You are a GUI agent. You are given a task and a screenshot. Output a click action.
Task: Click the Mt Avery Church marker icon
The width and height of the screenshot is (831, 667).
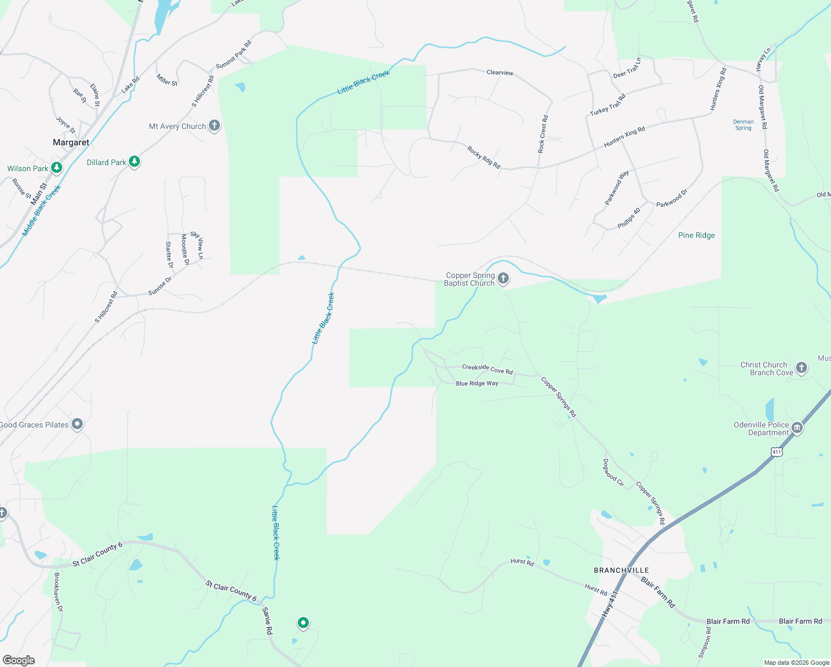point(214,126)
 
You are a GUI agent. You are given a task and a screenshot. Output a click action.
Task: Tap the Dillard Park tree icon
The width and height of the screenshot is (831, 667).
point(134,162)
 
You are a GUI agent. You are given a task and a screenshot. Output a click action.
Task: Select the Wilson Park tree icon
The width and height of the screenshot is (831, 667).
point(56,167)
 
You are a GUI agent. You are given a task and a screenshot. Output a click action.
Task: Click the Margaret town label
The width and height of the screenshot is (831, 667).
point(71,143)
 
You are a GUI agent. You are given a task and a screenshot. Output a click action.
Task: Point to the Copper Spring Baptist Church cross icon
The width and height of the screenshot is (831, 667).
point(503,278)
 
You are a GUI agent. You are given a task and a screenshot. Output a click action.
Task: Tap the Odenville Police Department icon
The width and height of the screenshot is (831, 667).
point(797,427)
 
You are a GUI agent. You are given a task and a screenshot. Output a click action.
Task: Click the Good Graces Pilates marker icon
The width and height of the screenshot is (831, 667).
point(77,425)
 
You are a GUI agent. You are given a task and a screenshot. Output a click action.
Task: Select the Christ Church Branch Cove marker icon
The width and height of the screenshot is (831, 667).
point(801,367)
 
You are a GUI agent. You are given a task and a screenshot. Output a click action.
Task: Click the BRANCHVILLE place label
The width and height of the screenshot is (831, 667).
point(621,570)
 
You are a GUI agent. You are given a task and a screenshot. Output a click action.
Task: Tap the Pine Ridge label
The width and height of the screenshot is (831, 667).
point(697,235)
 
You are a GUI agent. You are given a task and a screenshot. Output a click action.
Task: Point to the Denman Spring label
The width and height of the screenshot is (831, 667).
point(743,125)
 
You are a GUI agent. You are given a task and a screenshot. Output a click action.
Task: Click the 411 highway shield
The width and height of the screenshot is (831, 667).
point(777,452)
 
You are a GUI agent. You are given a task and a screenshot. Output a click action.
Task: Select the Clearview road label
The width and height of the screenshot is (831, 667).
point(500,73)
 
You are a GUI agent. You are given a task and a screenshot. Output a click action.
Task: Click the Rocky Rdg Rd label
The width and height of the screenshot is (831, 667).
point(484,157)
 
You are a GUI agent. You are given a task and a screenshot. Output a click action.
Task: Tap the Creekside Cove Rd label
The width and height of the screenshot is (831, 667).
point(487,369)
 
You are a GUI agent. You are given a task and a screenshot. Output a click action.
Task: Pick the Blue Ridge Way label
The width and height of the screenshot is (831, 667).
point(477,384)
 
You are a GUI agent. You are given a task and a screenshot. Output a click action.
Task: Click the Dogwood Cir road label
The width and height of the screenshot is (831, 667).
point(614,472)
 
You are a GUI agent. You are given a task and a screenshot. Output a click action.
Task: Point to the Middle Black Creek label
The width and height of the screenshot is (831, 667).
point(41,211)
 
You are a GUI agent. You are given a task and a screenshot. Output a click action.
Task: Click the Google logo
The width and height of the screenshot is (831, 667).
point(18,660)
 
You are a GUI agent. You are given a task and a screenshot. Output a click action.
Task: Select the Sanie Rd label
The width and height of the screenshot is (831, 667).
point(267,621)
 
